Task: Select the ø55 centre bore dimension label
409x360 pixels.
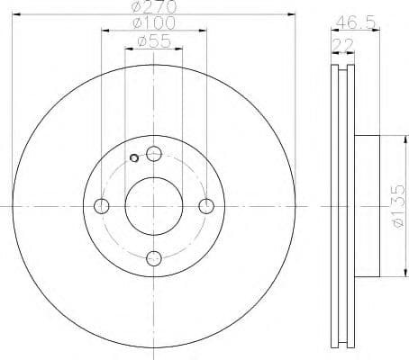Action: coord(154,40)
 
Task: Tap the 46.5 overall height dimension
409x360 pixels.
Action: coord(348,21)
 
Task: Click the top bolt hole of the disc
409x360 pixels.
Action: coord(154,153)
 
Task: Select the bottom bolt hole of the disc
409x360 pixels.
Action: coord(154,259)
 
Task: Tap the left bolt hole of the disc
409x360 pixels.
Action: coord(101,206)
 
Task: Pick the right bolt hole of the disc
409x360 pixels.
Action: coord(207,206)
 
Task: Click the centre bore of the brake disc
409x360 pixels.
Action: coord(154,206)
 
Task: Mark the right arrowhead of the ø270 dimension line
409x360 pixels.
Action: coord(293,13)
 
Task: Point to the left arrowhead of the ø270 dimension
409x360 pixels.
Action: coord(15,13)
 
